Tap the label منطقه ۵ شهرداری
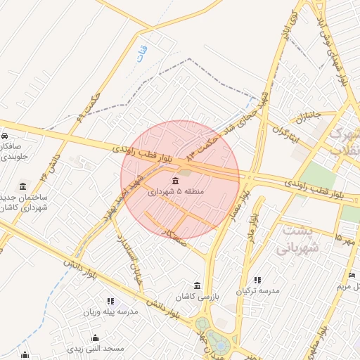coord(175,191)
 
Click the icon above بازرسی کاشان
coord(198,286)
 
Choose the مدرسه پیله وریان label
coord(109,311)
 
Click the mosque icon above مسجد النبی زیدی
coord(95,338)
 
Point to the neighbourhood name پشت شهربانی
coord(298,239)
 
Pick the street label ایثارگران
coord(282,131)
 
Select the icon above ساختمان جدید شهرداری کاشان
coord(23,186)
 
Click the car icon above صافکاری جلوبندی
coord(4,135)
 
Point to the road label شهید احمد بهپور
coord(127,188)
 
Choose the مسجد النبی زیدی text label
coord(96,348)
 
